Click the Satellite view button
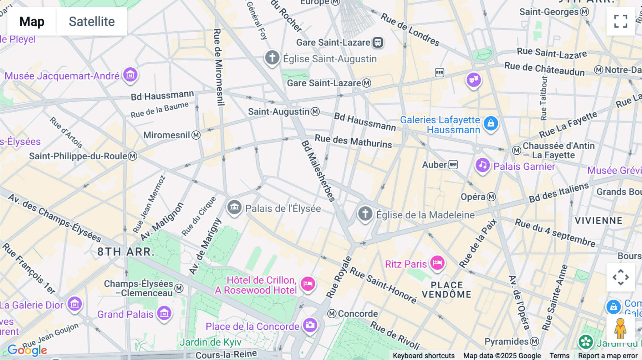pyautogui.click(x=92, y=22)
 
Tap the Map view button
pyautogui.click(x=32, y=22)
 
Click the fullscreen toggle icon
pyautogui.click(x=621, y=21)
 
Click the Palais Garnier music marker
pyautogui.click(x=483, y=165)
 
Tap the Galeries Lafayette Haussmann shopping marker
pyautogui.click(x=491, y=124)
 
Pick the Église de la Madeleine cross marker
pyautogui.click(x=365, y=214)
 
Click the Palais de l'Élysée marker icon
pyautogui.click(x=234, y=207)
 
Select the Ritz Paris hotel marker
pyautogui.click(x=437, y=263)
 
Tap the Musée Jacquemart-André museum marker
pyautogui.click(x=130, y=75)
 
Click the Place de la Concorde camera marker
pyautogui.click(x=310, y=325)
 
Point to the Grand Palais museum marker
pyautogui.click(x=164, y=313)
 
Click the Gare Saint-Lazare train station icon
pyautogui.click(x=378, y=42)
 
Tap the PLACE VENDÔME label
pyautogui.click(x=447, y=290)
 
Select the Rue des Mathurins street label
pyautogui.click(x=353, y=141)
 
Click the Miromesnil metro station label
pyautogui.click(x=167, y=135)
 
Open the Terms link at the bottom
pyautogui.click(x=559, y=356)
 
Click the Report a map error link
pyautogui.click(x=608, y=356)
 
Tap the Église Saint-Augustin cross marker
pyautogui.click(x=272, y=57)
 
